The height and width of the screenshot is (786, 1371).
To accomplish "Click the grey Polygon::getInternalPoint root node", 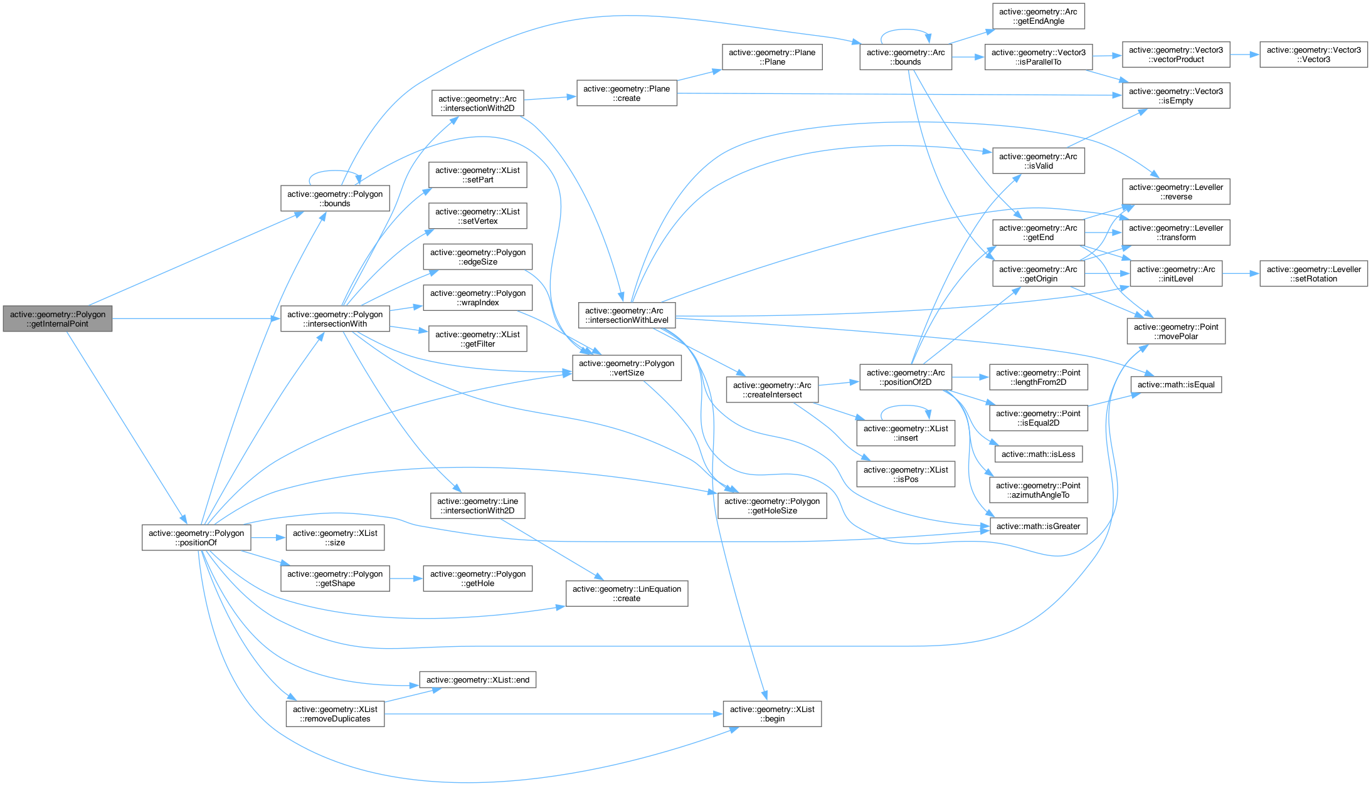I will coord(57,319).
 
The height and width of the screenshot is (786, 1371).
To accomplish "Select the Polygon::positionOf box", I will coord(196,538).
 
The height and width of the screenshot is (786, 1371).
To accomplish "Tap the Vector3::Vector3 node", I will coord(1313,55).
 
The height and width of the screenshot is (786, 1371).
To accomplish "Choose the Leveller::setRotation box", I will coord(1313,274).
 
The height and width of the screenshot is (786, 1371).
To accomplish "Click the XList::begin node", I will coord(772,714).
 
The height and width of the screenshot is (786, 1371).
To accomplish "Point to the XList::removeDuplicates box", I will coord(335,714).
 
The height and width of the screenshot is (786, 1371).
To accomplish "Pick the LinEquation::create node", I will coord(627,594).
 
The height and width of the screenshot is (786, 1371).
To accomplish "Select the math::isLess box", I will coord(1038,454).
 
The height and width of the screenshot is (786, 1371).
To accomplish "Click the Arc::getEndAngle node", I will coord(1038,16).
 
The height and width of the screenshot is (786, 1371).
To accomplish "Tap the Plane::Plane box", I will coord(772,57).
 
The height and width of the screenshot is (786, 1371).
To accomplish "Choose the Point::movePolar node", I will coord(1176,332).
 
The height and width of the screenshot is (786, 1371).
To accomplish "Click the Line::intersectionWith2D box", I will coord(477,506).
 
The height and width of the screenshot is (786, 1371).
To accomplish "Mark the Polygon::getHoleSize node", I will coord(772,506).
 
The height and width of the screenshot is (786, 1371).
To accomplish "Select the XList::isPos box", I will coord(906,474).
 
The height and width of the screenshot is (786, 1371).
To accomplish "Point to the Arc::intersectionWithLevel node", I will coord(627,315).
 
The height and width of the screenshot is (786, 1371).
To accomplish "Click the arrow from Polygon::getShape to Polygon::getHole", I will coord(406,579).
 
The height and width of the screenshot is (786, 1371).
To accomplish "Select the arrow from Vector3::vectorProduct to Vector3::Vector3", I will coord(1244,55).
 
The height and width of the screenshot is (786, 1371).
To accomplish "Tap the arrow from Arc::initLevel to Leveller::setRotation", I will coord(1241,274).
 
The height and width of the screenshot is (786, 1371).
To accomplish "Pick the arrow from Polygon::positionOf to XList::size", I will coord(268,538).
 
